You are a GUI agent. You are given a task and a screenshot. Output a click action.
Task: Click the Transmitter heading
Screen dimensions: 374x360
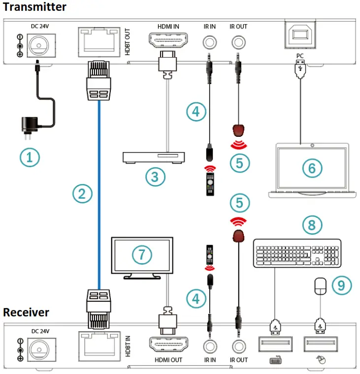[x=34, y=7]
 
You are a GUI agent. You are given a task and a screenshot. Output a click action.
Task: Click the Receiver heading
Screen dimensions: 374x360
[x=26, y=312]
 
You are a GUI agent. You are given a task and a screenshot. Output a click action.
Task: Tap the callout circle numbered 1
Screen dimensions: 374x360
[x=30, y=157]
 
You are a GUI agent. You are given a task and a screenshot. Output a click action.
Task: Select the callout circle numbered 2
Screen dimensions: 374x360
[x=82, y=193]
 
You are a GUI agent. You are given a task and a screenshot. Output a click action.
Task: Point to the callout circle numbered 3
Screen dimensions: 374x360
[x=155, y=177]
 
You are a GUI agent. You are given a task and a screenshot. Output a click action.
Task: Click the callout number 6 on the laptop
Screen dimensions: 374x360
[x=312, y=168]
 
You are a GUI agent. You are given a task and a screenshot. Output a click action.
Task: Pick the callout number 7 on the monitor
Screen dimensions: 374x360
[x=141, y=254]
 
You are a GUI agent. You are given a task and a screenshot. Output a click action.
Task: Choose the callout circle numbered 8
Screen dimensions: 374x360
[x=312, y=225]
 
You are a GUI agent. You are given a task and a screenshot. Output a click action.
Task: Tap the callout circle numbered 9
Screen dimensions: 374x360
[x=342, y=285]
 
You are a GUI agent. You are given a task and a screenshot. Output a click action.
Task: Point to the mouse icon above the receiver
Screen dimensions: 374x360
[x=320, y=285]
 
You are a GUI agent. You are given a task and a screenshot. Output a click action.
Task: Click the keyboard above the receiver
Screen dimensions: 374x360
[x=296, y=253]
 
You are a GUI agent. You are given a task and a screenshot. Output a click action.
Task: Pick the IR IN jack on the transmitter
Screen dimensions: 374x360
[x=210, y=42]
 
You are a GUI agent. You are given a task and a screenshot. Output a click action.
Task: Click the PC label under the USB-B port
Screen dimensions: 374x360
[x=299, y=56]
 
